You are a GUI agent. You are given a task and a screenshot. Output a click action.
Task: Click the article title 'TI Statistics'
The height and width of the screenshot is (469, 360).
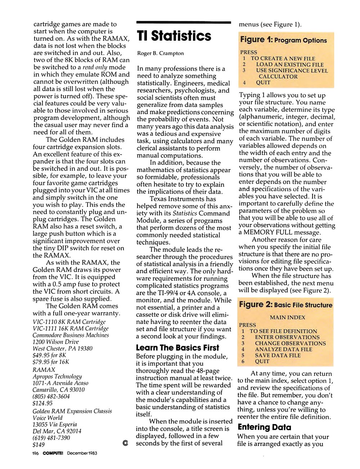coord(174,36)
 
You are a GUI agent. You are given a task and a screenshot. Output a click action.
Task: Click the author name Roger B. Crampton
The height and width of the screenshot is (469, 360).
coord(161,53)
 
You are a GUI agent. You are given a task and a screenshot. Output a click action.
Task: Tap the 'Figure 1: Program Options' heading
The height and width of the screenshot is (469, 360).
coord(284,40)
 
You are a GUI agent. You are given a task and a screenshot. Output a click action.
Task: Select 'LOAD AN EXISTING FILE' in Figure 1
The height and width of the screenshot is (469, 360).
coord(290,64)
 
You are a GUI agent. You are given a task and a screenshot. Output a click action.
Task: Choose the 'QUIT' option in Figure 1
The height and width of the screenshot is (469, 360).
coord(263,82)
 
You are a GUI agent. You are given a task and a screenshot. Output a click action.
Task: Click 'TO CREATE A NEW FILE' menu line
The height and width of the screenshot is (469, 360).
coord(283,58)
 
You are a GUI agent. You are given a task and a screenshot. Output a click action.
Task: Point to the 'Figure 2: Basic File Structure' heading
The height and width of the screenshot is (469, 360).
coord(286,305)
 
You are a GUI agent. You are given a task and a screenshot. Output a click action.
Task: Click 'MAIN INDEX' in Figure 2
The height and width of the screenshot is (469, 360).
coord(287,317)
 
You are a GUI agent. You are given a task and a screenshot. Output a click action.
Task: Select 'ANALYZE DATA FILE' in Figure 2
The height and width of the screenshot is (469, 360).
coord(284,349)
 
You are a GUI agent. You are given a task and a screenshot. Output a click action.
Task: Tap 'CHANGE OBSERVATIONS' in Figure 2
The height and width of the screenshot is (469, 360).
coord(290,343)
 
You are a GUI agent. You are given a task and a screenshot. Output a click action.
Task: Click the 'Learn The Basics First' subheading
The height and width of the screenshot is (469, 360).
coord(177,348)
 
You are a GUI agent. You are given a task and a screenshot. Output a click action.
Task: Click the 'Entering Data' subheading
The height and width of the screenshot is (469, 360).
coord(265,427)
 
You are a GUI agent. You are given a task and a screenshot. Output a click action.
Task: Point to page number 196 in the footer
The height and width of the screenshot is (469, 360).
coord(35,453)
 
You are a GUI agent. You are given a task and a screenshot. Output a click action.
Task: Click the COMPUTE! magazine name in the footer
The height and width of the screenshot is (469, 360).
coord(53,453)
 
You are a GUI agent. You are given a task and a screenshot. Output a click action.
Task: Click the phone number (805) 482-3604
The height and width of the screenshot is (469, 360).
coord(51,396)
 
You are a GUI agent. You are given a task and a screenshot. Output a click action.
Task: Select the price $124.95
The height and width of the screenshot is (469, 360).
coord(42,403)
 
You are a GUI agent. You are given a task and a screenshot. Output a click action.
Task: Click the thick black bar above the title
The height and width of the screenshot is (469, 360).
coord(184,23)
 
